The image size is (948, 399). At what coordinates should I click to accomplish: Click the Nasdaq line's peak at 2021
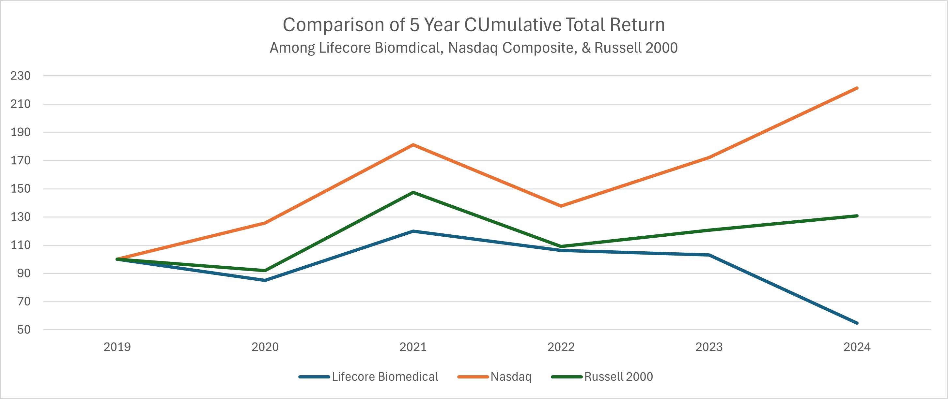(413, 145)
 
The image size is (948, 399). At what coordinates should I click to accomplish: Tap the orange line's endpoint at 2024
(857, 88)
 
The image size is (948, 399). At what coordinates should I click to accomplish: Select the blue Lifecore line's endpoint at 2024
(857, 323)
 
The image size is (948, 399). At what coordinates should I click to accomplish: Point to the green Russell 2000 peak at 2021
(413, 192)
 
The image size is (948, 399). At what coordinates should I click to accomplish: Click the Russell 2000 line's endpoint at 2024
(857, 216)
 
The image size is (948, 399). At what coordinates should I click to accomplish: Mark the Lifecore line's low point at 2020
(265, 280)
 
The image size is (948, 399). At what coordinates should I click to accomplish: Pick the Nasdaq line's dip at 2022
(561, 206)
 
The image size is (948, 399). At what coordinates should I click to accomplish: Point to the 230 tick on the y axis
(20, 76)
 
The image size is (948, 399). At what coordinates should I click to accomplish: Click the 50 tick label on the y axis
(23, 330)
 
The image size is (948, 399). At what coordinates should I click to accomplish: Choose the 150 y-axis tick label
(20, 189)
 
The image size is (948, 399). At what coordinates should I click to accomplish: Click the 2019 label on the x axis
(117, 347)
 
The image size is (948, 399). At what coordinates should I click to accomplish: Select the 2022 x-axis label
(561, 347)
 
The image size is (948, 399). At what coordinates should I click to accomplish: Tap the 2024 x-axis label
(857, 347)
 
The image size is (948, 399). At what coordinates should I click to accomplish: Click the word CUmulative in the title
(512, 25)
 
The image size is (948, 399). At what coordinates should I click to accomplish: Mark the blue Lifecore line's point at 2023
(709, 255)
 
